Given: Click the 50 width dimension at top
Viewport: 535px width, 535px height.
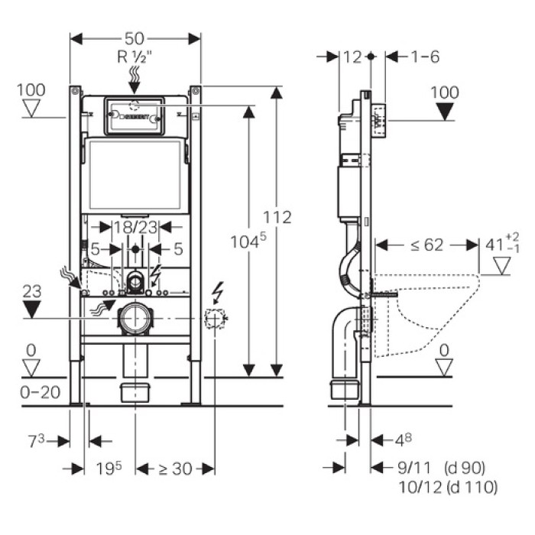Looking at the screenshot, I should (x=135, y=37).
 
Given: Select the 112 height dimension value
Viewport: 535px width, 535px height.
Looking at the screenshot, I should (x=277, y=217).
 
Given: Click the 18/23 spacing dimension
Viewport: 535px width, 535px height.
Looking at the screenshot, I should (x=135, y=226).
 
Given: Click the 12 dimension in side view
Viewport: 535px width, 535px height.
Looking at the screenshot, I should (x=352, y=57).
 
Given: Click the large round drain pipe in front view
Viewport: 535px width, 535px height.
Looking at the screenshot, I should (x=135, y=318).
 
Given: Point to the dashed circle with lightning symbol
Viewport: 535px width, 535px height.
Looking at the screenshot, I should (x=216, y=318).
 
